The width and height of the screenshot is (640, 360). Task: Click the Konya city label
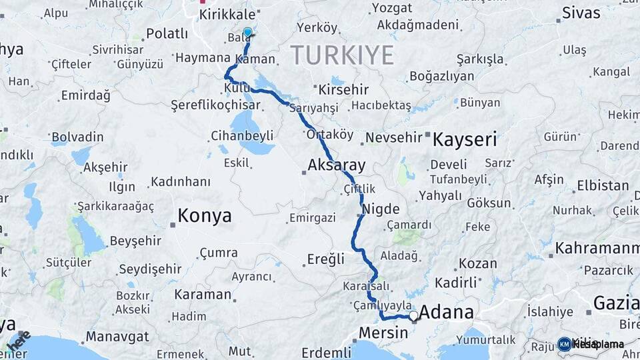(205, 216)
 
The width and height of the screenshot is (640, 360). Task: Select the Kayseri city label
(465, 140)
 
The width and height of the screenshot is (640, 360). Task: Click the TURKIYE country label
(341, 55)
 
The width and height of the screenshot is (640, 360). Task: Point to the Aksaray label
(337, 165)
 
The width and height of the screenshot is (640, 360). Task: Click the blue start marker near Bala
(248, 33)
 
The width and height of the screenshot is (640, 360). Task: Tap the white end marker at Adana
(413, 315)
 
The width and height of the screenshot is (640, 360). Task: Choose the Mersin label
(383, 332)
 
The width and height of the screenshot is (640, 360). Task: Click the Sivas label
(581, 12)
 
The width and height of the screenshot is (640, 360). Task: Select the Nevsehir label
(397, 138)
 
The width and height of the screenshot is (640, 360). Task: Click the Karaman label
(203, 294)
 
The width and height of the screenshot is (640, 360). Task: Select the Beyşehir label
(136, 241)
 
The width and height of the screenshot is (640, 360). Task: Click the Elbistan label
(603, 185)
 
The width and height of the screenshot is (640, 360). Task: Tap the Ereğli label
(326, 259)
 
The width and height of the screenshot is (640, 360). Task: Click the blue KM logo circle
(564, 344)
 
